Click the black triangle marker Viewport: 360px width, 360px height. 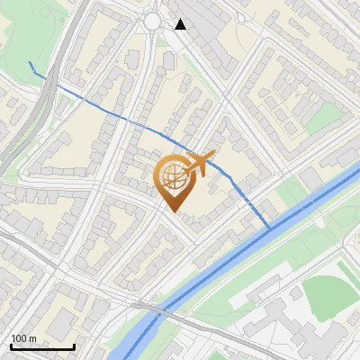click(x=181, y=24)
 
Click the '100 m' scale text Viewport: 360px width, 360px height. click(x=23, y=338)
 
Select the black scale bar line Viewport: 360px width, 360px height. click(x=42, y=346)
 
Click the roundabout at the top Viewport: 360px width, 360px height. click(x=153, y=21)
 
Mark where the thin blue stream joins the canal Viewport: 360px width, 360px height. click(x=267, y=228)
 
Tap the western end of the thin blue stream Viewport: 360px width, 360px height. click(x=30, y=62)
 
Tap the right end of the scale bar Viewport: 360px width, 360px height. click(x=74, y=346)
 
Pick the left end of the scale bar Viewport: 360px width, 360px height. click(x=11, y=346)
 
